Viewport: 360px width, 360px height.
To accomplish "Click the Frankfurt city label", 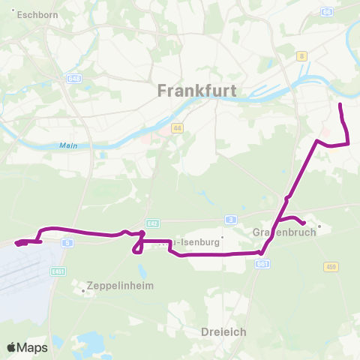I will click(197, 91).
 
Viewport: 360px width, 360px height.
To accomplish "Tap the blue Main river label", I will click(68, 146).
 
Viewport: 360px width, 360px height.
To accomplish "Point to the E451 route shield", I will click(57, 271).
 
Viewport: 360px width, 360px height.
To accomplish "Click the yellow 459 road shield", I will click(331, 266).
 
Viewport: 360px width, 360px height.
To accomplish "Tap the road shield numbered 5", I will click(67, 243).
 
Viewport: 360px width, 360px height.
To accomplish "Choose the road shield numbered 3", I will click(232, 219).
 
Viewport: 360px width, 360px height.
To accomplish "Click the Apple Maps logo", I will click(27, 347).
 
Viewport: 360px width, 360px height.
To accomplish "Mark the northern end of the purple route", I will click(340, 103).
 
